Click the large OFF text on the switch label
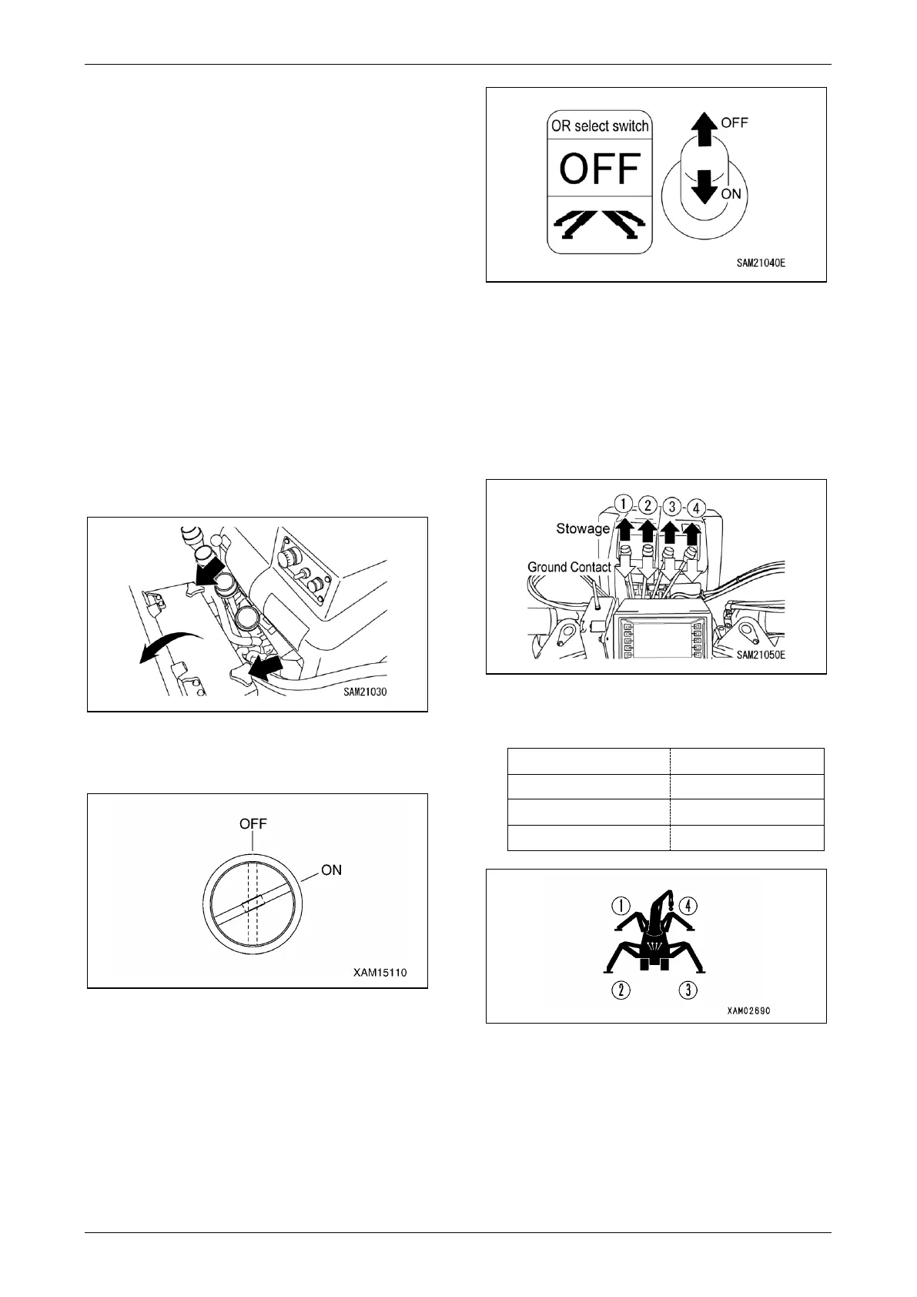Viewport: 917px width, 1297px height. pos(600,168)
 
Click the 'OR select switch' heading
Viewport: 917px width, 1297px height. pos(600,126)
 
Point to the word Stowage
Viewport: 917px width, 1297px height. pos(582,529)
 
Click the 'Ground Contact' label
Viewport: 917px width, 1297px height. pos(569,567)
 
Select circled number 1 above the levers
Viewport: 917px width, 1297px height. pos(624,504)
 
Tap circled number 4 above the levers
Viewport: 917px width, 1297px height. pos(695,508)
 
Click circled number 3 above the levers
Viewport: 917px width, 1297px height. pos(672,507)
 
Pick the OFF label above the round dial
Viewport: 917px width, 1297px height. pos(253,823)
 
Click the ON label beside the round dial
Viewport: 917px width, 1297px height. pos(332,870)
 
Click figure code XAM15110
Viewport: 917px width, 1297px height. pos(380,973)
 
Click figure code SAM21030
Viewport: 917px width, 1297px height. pos(365,692)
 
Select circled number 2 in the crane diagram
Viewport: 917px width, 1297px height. pos(621,990)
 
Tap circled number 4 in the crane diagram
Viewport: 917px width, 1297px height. pos(690,906)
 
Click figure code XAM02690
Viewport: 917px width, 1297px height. pos(748,1010)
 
